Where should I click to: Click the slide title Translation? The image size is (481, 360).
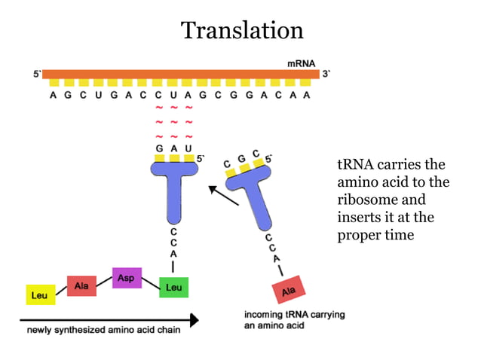click(242, 31)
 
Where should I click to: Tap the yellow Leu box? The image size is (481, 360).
click(39, 294)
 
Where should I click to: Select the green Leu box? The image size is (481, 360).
click(173, 287)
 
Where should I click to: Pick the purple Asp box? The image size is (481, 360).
click(126, 278)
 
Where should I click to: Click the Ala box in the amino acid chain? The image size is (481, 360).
click(81, 285)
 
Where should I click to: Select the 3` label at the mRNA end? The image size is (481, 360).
click(326, 74)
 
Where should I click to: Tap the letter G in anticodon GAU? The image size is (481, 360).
click(160, 148)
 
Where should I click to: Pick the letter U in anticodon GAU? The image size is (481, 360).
click(188, 148)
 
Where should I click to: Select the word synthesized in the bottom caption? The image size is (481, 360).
click(86, 330)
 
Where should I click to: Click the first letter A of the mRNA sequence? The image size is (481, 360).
click(53, 96)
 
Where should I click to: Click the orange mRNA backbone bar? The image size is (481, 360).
click(181, 74)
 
